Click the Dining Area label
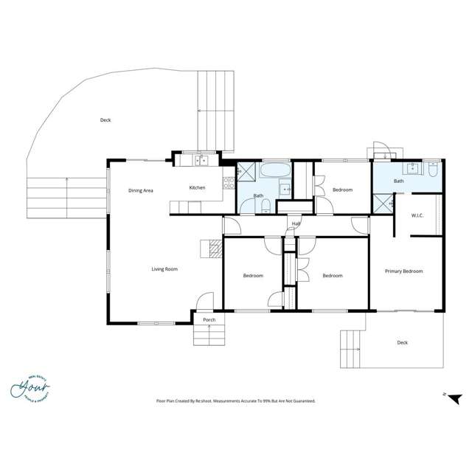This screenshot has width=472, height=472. (140, 190)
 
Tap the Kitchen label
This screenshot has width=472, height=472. (197, 187)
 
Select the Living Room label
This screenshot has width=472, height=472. (164, 269)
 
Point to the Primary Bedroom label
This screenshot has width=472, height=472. (403, 271)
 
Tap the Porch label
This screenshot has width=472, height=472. (209, 320)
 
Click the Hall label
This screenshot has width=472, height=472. (296, 223)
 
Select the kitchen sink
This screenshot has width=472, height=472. (201, 160)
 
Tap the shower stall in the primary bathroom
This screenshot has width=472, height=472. (383, 203)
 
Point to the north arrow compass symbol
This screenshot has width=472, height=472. (454, 398)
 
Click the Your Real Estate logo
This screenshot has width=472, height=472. (30, 387)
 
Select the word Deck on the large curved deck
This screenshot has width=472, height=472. (105, 119)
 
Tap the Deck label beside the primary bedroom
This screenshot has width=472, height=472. (402, 342)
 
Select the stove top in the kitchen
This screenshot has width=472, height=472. (229, 178)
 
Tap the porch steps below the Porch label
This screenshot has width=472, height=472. (209, 335)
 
